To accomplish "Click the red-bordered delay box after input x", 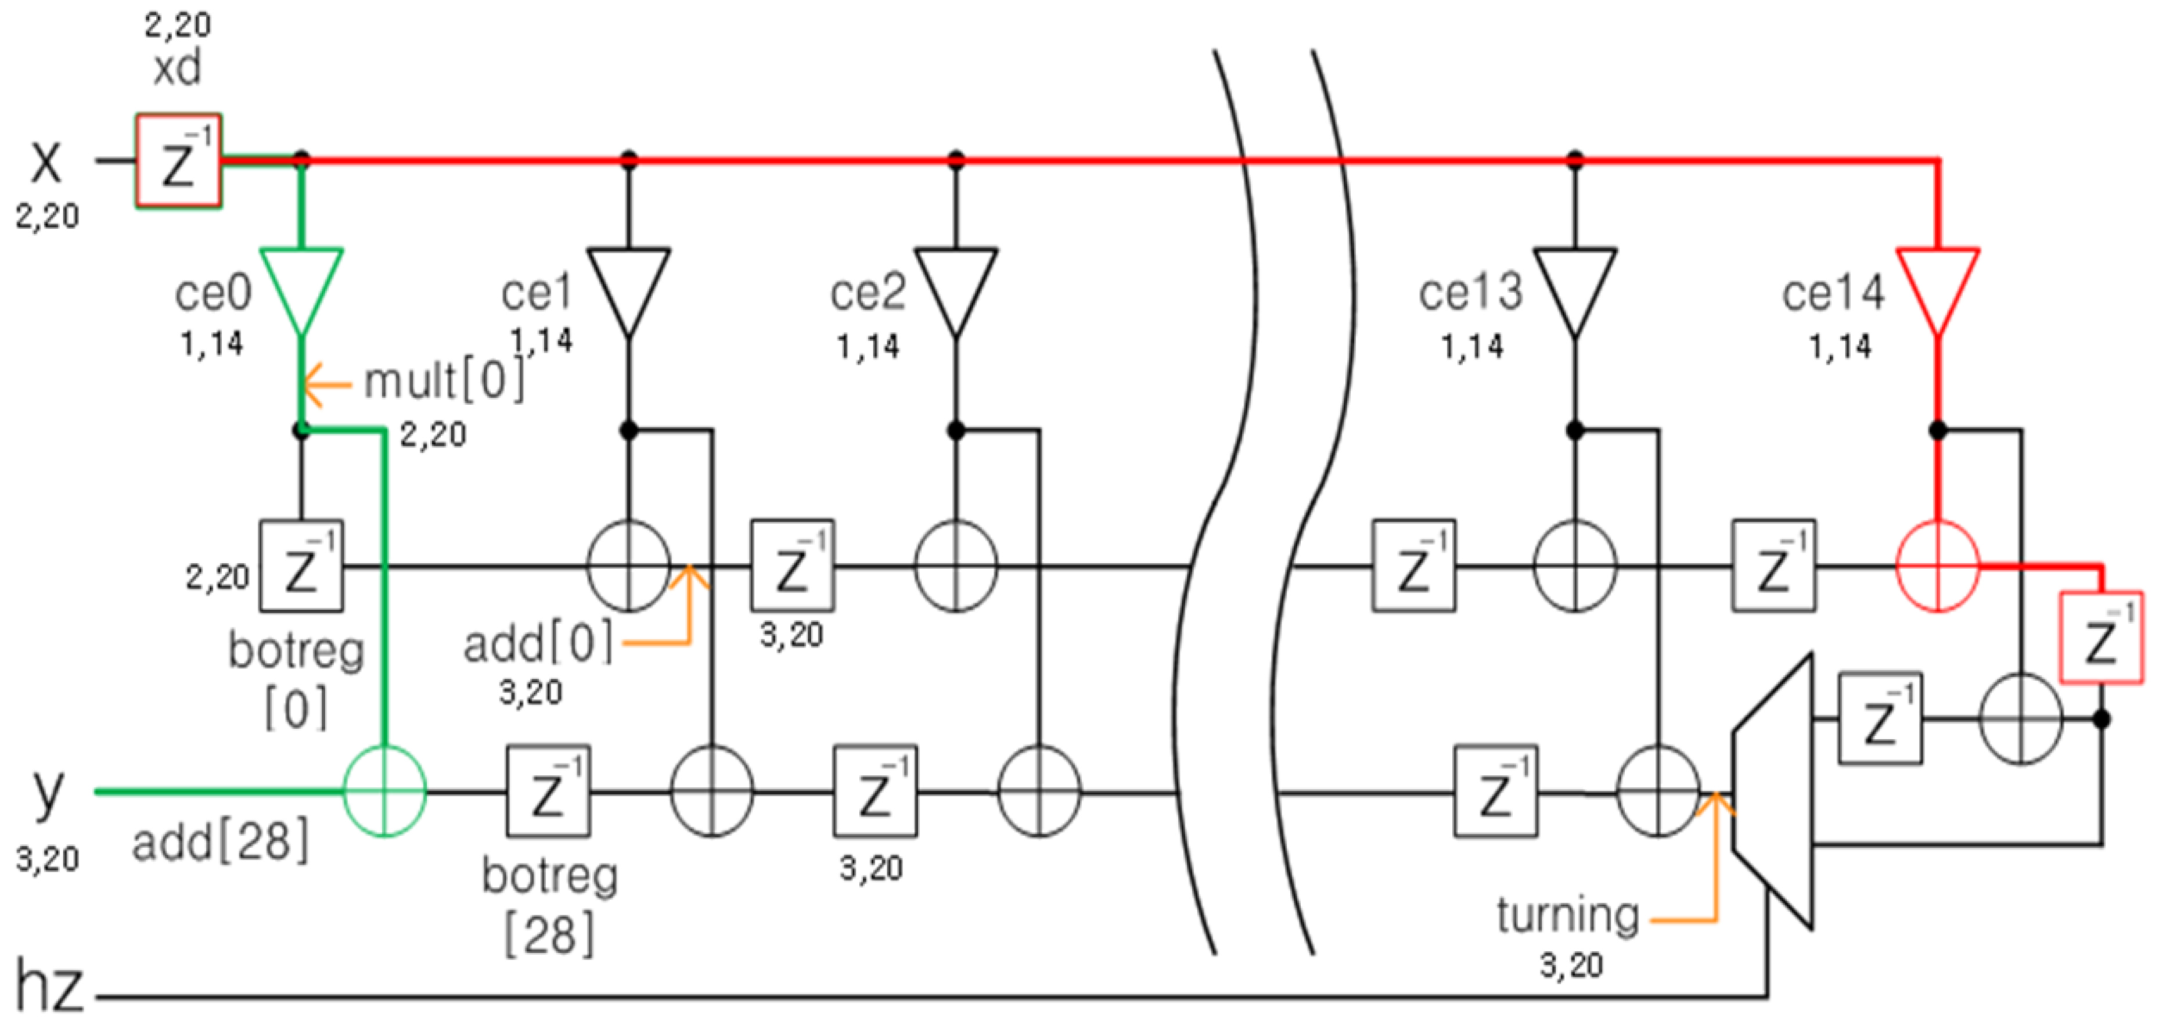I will point(178,161).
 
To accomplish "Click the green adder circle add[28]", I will point(384,790).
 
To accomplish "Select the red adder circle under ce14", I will point(1937,566).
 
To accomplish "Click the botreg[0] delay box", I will point(301,566).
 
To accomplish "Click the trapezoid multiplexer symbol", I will point(1773,790).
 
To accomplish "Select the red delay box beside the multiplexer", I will point(2100,638).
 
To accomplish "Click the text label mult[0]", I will point(444,382).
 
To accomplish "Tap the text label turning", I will point(1567,915).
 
